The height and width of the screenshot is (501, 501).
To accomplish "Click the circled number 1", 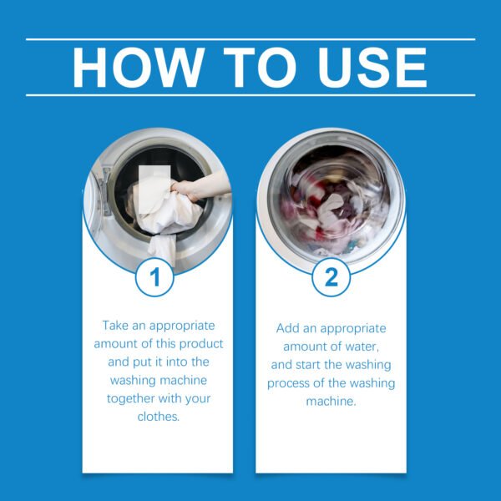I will (154, 277).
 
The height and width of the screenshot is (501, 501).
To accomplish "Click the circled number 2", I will (331, 277).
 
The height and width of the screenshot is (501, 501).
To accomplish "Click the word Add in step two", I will (289, 329).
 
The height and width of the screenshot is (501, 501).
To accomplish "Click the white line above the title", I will (250, 38).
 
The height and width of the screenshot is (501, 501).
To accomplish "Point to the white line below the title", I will (250, 95).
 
